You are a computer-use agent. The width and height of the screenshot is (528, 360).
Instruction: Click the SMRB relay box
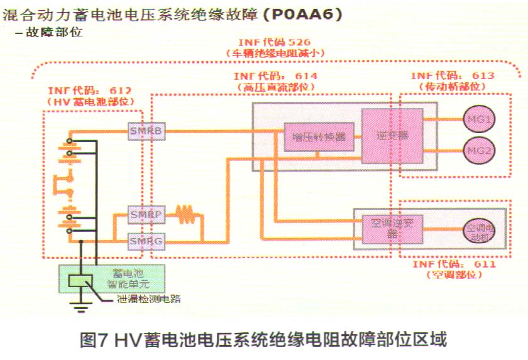[145, 131]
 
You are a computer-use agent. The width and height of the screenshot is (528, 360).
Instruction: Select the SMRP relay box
[145, 215]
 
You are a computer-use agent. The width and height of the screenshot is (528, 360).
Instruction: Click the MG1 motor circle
[480, 119]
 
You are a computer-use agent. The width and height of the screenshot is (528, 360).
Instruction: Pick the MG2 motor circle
[480, 150]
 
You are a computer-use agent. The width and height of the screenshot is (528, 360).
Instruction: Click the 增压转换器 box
[319, 137]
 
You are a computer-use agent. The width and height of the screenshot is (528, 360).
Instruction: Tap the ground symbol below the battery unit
[80, 308]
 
